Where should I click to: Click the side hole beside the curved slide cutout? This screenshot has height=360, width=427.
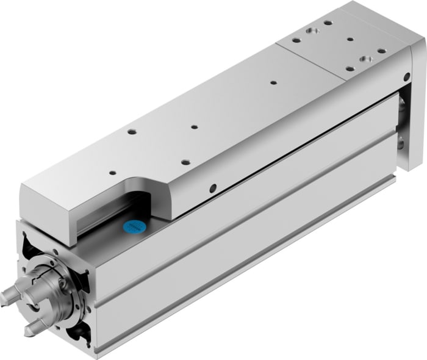click(x=213, y=188)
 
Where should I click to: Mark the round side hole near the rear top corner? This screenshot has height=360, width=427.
click(x=406, y=77)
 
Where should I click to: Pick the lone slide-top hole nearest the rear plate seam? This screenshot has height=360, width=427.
click(x=273, y=82)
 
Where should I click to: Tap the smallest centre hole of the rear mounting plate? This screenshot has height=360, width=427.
click(x=350, y=40)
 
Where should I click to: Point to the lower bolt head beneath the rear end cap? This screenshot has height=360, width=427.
click(x=400, y=144)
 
